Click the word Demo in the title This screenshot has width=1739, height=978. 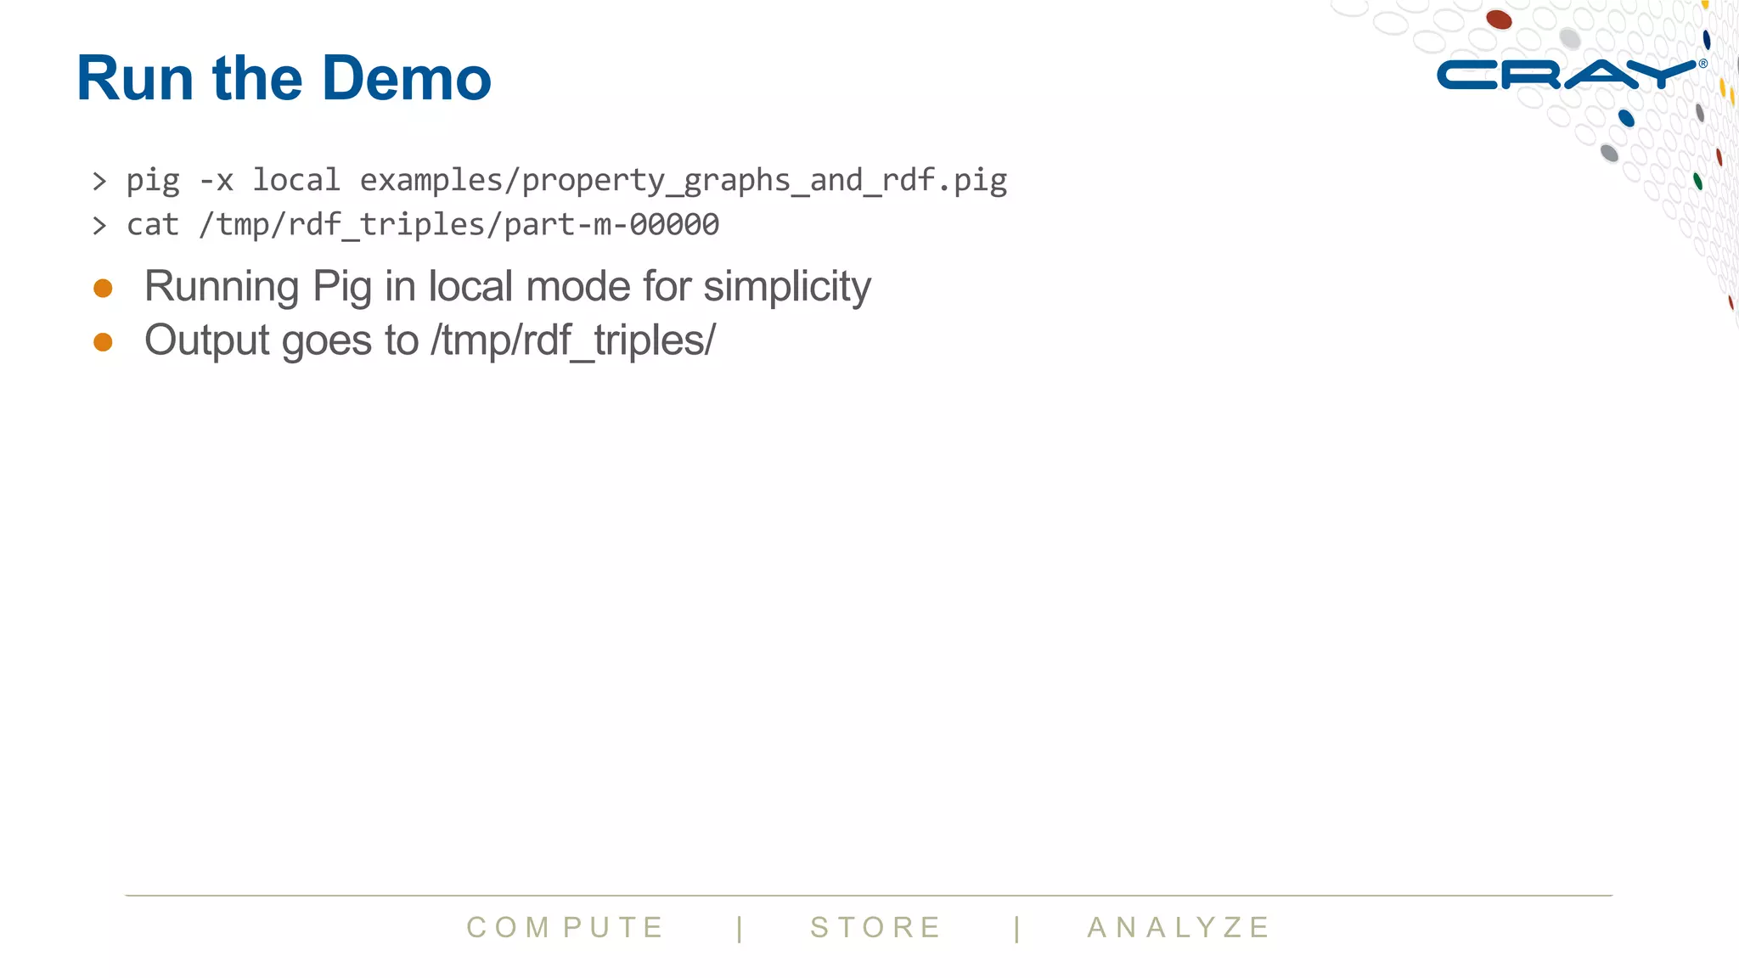coord(407,78)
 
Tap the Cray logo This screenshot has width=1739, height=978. coord(1567,75)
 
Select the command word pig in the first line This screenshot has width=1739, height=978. coord(153,182)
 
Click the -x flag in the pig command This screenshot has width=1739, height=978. coord(216,181)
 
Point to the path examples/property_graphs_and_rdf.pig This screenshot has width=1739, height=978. coord(684,182)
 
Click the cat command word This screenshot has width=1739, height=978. coord(153,225)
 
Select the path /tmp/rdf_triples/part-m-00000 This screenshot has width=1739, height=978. coord(459,225)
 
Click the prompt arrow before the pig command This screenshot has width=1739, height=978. coord(100,182)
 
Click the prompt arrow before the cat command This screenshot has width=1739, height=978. coord(100,226)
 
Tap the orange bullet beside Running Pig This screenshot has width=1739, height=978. coord(103,289)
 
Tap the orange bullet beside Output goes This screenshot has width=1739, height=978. coord(103,342)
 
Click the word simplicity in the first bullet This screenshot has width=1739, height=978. coord(787,287)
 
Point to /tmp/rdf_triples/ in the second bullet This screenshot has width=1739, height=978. coord(574,341)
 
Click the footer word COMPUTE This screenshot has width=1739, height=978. coord(566,928)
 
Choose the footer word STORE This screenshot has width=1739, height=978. coord(876,928)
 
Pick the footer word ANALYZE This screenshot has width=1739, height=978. coord(1179,928)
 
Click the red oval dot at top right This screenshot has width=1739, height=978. coord(1499,19)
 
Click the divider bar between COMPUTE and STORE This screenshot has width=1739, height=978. coord(740,929)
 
